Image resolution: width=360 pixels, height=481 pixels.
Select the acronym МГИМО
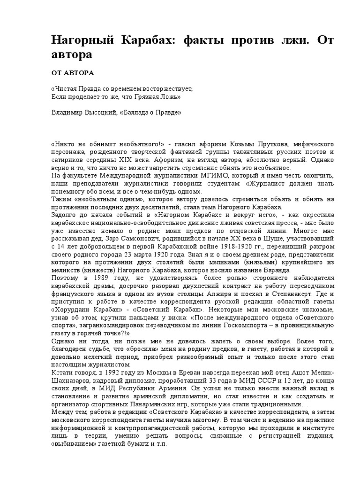(x=215, y=176)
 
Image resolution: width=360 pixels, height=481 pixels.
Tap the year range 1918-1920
(x=234, y=247)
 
